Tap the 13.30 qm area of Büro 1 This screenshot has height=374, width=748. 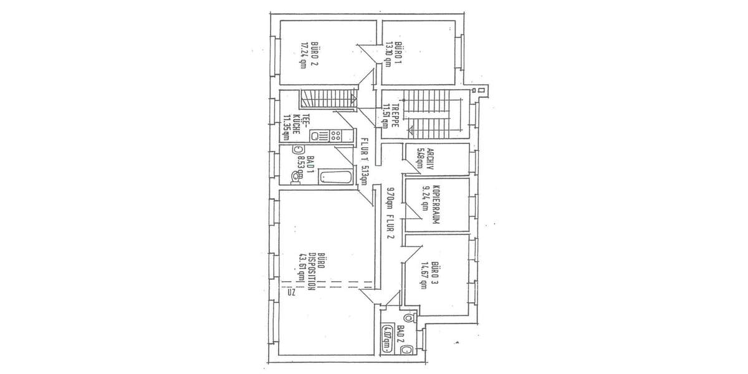pyautogui.click(x=388, y=54)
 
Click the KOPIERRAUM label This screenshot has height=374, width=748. pyautogui.click(x=436, y=205)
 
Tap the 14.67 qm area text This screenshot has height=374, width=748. pyautogui.click(x=424, y=275)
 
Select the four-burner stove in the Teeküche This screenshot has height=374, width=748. pyautogui.click(x=336, y=135)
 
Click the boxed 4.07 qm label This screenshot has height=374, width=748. pyautogui.click(x=388, y=339)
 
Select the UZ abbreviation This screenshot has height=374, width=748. pyautogui.click(x=290, y=291)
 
